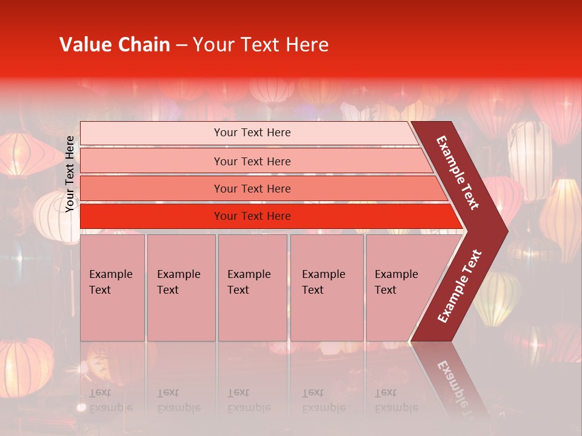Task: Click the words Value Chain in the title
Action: (115, 45)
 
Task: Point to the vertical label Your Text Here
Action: (70, 174)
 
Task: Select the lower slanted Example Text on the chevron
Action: (460, 286)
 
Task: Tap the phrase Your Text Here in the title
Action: (260, 45)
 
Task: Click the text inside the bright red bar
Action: (252, 216)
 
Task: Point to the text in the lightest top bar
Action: (252, 133)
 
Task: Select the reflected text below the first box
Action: (110, 400)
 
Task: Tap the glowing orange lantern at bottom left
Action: (25, 366)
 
